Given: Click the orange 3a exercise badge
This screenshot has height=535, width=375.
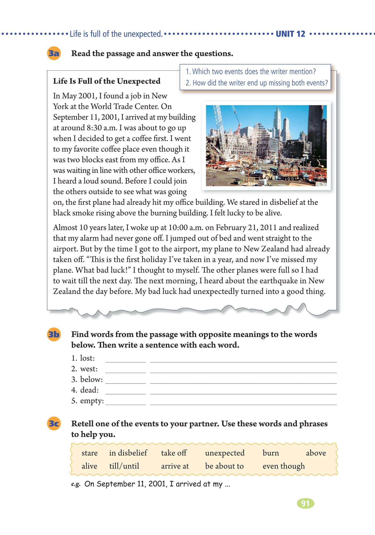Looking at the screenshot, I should click(54, 54).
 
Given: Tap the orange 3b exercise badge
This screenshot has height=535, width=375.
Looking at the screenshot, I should click(54, 334).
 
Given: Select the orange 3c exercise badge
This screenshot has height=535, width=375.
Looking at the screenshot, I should click(54, 423).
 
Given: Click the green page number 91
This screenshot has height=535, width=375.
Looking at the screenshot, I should click(305, 503).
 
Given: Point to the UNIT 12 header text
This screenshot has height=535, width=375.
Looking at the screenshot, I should click(290, 34).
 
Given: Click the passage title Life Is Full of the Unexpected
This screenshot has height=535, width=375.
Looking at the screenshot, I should click(107, 81).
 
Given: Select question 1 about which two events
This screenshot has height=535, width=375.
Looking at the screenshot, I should click(251, 72).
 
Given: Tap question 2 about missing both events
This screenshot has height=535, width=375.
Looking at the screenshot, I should click(257, 83).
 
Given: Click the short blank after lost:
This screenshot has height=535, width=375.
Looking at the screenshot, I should click(126, 359).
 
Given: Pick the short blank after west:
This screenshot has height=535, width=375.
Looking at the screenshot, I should click(126, 370).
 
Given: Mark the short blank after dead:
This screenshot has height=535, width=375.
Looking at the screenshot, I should click(126, 391).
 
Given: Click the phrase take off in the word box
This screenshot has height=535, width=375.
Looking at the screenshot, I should click(174, 453).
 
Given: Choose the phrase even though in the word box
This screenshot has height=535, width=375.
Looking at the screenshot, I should click(284, 466).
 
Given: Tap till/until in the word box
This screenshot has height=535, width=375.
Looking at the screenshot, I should click(124, 466).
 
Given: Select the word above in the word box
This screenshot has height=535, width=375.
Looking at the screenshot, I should click(316, 453).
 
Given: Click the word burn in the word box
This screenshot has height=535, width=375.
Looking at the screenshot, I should click(271, 453).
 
